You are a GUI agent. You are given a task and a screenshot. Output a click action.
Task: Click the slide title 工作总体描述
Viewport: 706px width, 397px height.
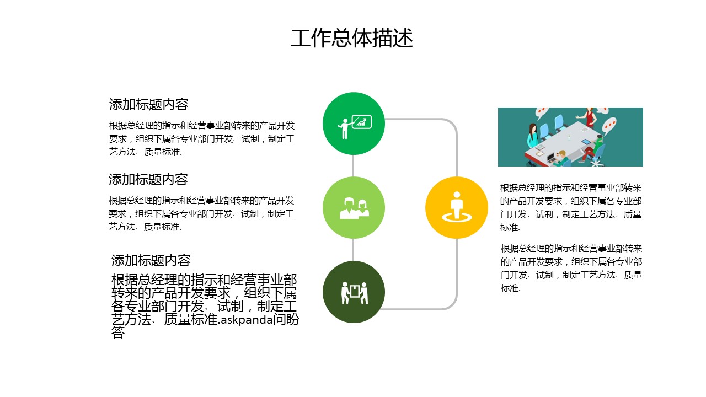pyautogui.click(x=352, y=38)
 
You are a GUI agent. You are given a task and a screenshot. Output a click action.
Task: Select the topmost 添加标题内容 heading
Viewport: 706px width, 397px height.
pyautogui.click(x=149, y=105)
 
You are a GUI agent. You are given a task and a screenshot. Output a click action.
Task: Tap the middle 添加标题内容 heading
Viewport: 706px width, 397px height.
pyautogui.click(x=148, y=180)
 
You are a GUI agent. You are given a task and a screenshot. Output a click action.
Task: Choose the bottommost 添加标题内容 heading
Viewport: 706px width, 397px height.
pyautogui.click(x=151, y=261)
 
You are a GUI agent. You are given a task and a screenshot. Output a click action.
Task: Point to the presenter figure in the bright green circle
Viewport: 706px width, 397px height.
pyautogui.click(x=345, y=128)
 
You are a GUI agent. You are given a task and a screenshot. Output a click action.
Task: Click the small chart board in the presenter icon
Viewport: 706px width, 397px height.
pyautogui.click(x=361, y=122)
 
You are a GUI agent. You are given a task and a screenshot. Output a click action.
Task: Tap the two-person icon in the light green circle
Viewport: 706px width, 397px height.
pyautogui.click(x=354, y=208)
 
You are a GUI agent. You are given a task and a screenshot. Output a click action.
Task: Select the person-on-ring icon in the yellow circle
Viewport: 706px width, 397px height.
pyautogui.click(x=457, y=207)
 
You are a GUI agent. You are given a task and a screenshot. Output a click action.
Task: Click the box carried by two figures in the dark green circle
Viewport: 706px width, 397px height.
pyautogui.click(x=355, y=291)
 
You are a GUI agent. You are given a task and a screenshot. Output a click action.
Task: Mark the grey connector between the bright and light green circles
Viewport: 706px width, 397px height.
pyautogui.click(x=353, y=166)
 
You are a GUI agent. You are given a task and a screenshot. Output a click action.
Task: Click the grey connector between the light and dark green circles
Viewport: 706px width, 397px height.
pyautogui.click(x=353, y=250)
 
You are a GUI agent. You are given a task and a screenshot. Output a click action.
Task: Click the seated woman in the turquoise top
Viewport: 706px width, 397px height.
pyautogui.click(x=532, y=136)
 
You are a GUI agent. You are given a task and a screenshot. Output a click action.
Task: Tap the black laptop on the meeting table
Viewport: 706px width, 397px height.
pyautogui.click(x=551, y=157)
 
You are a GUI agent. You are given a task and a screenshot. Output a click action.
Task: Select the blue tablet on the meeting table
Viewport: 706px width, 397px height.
pyautogui.click(x=586, y=142)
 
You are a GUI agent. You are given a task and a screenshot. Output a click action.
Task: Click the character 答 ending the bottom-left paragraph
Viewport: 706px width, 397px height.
pyautogui.click(x=118, y=332)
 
